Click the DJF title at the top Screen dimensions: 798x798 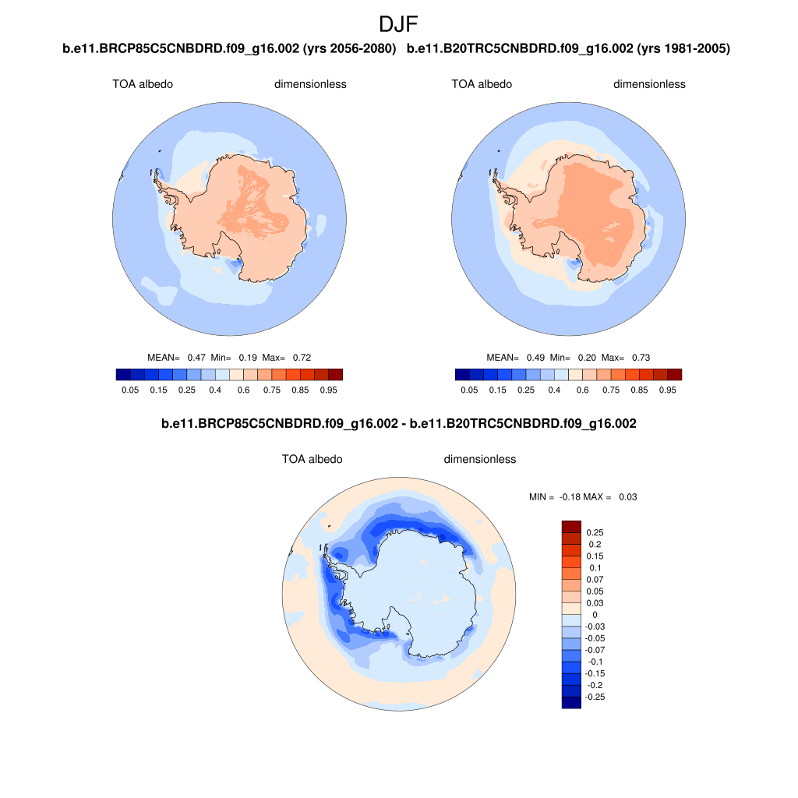[398, 23]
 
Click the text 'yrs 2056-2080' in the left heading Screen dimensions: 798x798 [348, 49]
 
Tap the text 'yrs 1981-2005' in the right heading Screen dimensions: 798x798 [683, 49]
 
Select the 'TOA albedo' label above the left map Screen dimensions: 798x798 [143, 84]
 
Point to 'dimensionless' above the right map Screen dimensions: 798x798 [649, 84]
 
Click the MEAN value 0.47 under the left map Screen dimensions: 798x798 [196, 358]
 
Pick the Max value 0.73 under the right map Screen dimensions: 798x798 [640, 358]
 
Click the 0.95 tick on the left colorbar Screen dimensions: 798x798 [328, 390]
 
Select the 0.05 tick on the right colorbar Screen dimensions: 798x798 [469, 390]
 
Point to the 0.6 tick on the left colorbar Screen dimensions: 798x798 [243, 390]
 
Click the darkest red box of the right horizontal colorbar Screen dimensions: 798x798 [674, 374]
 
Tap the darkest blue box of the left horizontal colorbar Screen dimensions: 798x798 [122, 374]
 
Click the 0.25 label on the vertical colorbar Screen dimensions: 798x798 [595, 533]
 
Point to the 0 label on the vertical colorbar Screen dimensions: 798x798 [594, 615]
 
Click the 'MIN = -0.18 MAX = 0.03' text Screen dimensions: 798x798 [583, 496]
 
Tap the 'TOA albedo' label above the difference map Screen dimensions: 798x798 [312, 460]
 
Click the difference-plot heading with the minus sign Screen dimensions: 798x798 [398, 425]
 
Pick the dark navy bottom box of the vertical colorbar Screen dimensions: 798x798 [571, 702]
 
